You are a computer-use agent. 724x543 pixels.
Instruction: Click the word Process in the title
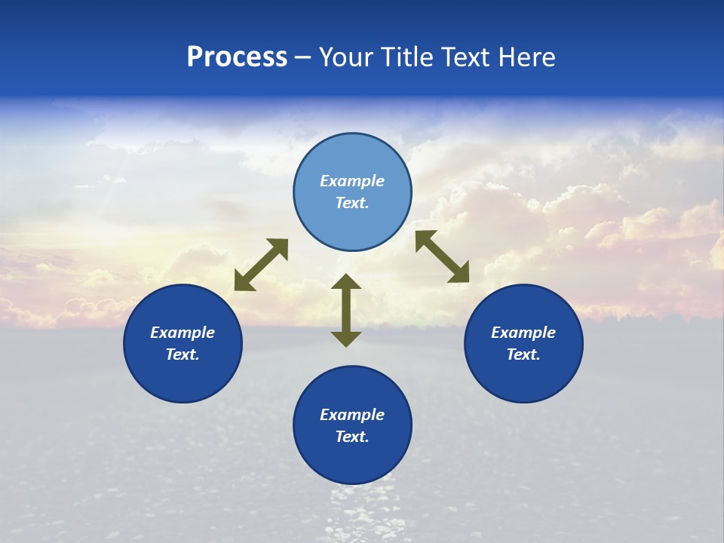click(x=237, y=57)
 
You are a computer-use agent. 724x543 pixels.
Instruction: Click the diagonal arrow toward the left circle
click(x=261, y=265)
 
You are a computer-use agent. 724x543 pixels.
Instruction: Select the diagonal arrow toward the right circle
click(x=443, y=256)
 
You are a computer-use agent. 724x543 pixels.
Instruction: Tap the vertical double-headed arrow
click(x=346, y=310)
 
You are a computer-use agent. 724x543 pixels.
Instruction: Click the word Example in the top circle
click(x=352, y=181)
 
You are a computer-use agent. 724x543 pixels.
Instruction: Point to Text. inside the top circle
click(x=352, y=204)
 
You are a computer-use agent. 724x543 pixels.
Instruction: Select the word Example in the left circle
click(x=183, y=333)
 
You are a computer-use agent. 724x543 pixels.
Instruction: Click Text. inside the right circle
click(x=523, y=354)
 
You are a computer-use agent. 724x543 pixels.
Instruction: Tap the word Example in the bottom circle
click(x=352, y=415)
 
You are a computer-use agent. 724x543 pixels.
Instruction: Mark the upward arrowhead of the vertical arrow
click(x=346, y=281)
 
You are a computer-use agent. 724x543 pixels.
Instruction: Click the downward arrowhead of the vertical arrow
click(x=346, y=339)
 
